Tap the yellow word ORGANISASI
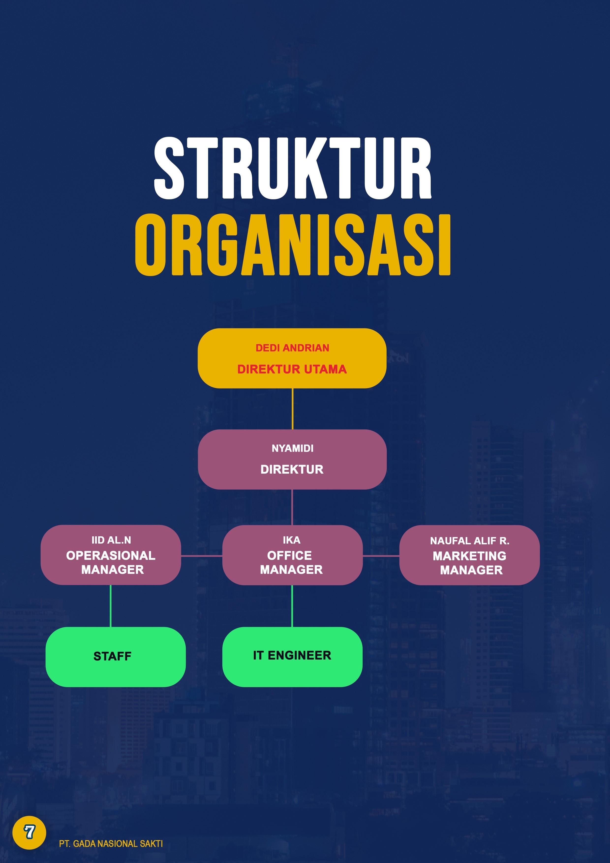tap(293, 245)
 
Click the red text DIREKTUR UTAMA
tap(292, 370)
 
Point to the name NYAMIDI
tap(292, 448)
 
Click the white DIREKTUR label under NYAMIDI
tap(292, 469)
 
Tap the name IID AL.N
tap(111, 540)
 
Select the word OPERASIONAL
tap(111, 555)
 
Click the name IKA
tap(292, 540)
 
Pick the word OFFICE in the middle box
tap(290, 555)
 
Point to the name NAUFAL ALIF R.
tap(470, 541)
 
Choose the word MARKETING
tap(470, 556)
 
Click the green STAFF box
tap(115, 657)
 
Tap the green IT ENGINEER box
tap(292, 657)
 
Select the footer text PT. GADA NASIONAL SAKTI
tap(111, 844)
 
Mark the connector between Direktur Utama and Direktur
tap(292, 409)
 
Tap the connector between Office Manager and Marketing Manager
tap(381, 555)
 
